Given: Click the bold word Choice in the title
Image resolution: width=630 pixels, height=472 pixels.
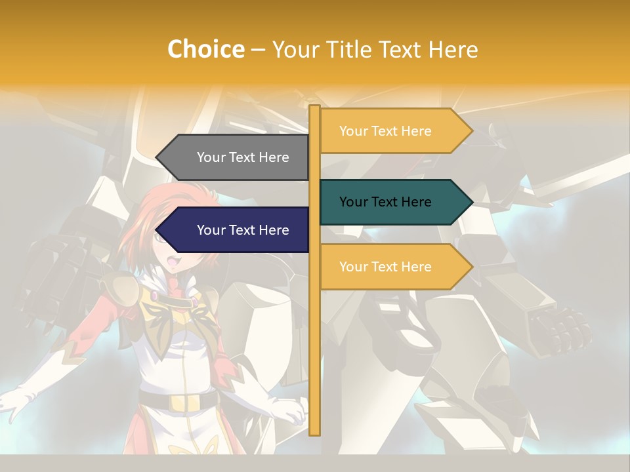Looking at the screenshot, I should point(205,50).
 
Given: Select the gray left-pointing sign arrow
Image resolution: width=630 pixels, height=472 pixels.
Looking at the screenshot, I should point(236,157).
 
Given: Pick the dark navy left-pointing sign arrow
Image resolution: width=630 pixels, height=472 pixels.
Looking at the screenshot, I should point(236,230).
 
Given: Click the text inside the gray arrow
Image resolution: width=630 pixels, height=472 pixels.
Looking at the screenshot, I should point(243,157).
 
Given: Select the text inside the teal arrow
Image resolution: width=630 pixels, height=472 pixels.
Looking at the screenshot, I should point(385,202).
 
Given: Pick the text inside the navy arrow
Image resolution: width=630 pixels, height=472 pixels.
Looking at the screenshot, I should point(243,230).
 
